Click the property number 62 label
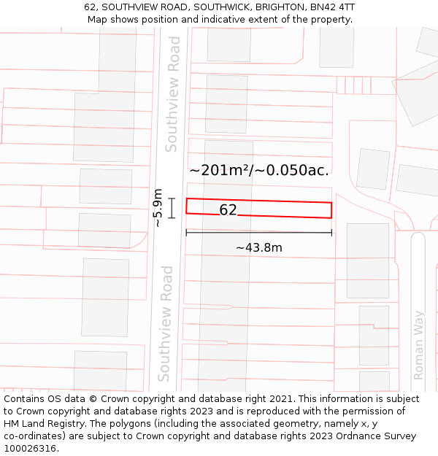pos(228,210)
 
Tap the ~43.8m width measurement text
pos(258,247)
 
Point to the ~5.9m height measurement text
pos(157,207)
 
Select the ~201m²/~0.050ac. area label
pos(259,170)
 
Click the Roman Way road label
pos(419,345)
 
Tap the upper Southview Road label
pos(172,94)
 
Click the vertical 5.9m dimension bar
pos(172,208)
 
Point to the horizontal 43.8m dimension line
pos(258,233)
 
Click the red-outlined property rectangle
pos(292,209)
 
